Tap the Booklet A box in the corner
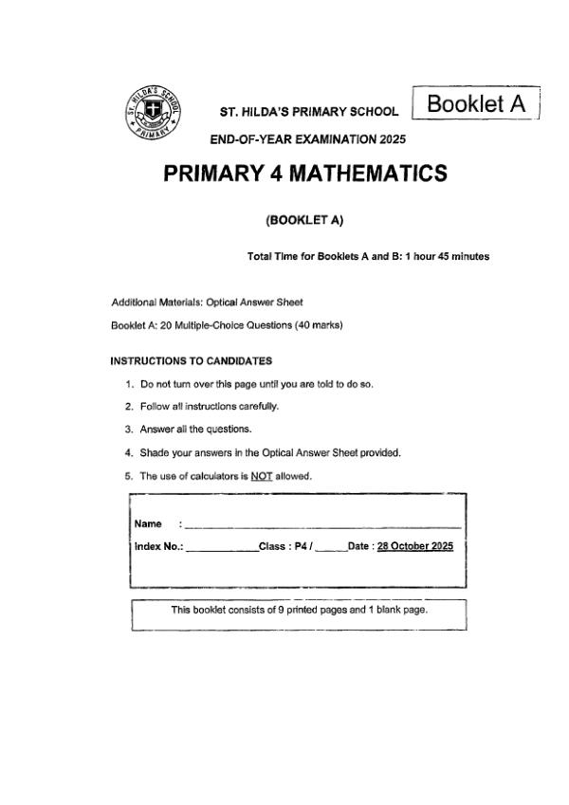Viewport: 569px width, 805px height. click(x=476, y=103)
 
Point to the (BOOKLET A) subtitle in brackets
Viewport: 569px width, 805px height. click(x=304, y=220)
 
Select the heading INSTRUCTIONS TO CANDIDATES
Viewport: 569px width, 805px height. click(x=192, y=360)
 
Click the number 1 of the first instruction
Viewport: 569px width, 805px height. click(x=128, y=384)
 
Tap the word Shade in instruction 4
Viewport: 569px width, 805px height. click(x=154, y=452)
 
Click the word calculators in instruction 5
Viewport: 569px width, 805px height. click(x=214, y=476)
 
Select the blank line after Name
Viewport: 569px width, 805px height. click(x=322, y=525)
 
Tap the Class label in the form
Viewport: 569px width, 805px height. click(x=275, y=546)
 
